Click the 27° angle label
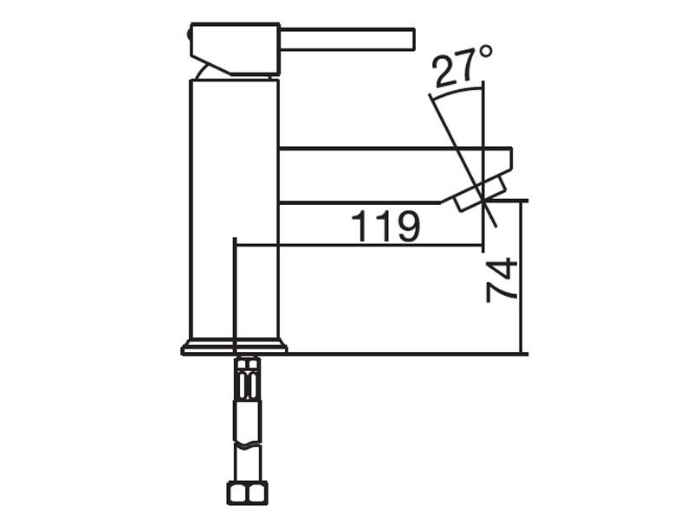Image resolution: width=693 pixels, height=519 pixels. pos(462,67)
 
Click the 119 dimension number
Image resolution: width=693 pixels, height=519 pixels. pos(385,226)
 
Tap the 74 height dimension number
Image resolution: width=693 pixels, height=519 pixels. pos(502,280)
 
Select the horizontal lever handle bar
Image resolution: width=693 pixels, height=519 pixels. pos(347,39)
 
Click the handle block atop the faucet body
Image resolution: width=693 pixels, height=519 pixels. pos(235,48)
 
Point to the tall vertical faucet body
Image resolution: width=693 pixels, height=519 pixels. pos(234,210)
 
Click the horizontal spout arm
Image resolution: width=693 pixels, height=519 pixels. pos(396,176)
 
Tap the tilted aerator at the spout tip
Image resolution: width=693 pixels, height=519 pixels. pos(481,193)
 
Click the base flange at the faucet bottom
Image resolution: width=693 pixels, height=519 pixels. pos(234,348)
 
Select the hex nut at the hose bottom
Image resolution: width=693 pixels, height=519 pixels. pos(248,493)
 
